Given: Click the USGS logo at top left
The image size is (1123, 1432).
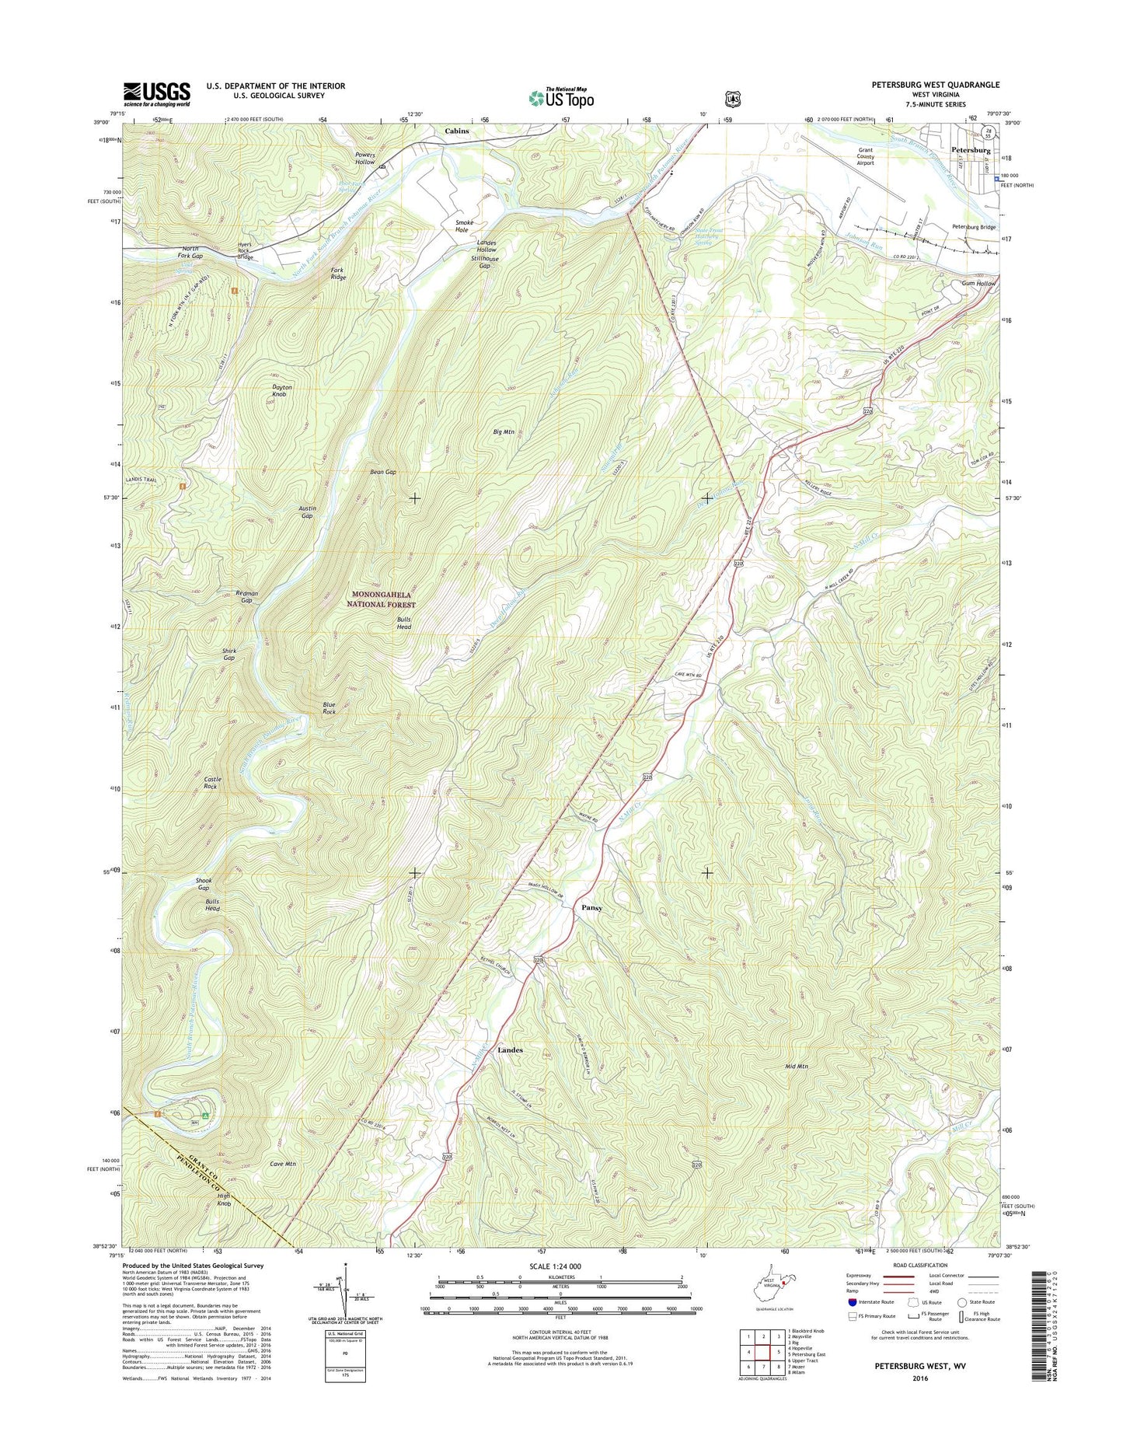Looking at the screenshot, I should click(156, 94).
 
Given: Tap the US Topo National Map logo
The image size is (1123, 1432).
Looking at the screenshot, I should click(561, 97).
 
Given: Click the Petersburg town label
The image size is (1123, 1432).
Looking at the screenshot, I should click(971, 149).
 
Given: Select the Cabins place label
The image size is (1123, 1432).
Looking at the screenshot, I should click(457, 131).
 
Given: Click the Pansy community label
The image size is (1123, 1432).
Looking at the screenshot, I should click(592, 907).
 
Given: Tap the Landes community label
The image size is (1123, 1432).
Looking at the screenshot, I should click(510, 1050).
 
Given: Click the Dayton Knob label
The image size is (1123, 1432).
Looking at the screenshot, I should click(282, 391).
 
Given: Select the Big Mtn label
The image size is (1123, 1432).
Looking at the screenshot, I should click(504, 431).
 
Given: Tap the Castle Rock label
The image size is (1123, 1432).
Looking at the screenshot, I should click(212, 782).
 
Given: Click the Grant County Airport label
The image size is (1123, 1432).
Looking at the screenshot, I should click(865, 156).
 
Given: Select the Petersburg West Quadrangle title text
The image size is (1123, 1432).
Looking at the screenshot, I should click(936, 85).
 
